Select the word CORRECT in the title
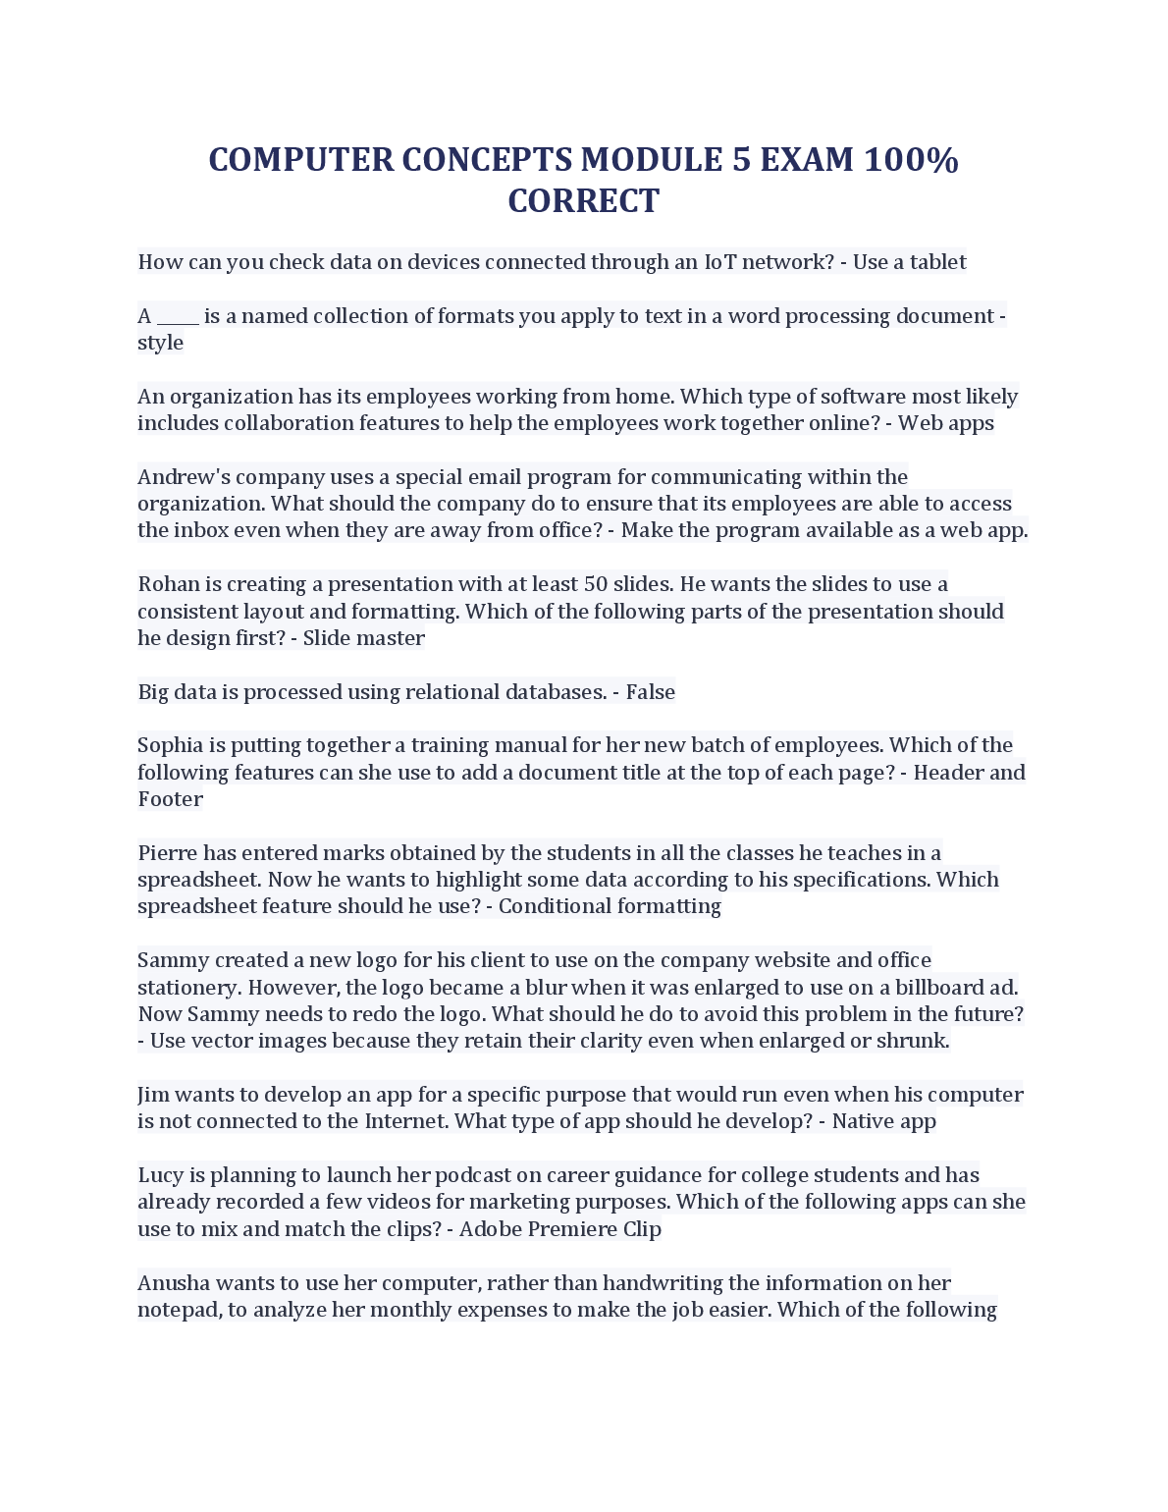tap(583, 201)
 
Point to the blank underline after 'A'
tap(178, 317)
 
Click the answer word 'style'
tap(160, 343)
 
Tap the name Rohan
tap(168, 584)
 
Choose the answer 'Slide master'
tap(363, 638)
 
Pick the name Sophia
tap(169, 745)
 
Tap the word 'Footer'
tap(170, 799)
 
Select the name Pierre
tap(167, 853)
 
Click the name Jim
tap(152, 1095)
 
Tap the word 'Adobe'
tap(490, 1229)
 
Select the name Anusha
tap(173, 1283)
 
